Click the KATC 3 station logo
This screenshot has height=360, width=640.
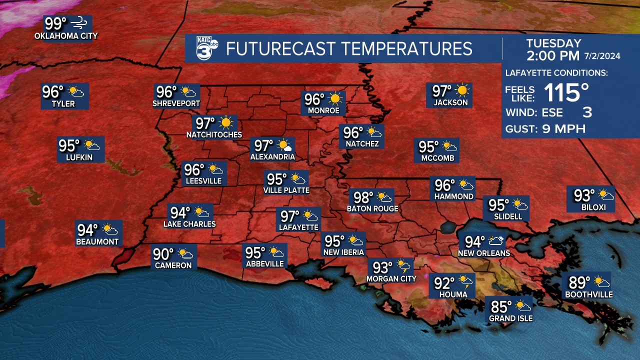206,48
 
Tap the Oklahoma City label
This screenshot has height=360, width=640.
66,36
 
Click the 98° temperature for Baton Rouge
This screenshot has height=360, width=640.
364,197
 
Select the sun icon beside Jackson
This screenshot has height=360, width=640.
463,90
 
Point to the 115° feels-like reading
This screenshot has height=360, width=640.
566,92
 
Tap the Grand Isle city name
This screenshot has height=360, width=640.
510,318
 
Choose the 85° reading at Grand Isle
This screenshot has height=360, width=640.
501,305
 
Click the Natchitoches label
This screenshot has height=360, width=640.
214,135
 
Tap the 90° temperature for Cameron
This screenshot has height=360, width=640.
163,254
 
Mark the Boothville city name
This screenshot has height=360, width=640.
589,295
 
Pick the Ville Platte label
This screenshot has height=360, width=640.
286,190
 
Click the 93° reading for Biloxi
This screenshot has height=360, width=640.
584,194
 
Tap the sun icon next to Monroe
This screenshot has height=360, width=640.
335,98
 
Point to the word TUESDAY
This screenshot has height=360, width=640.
553,43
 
